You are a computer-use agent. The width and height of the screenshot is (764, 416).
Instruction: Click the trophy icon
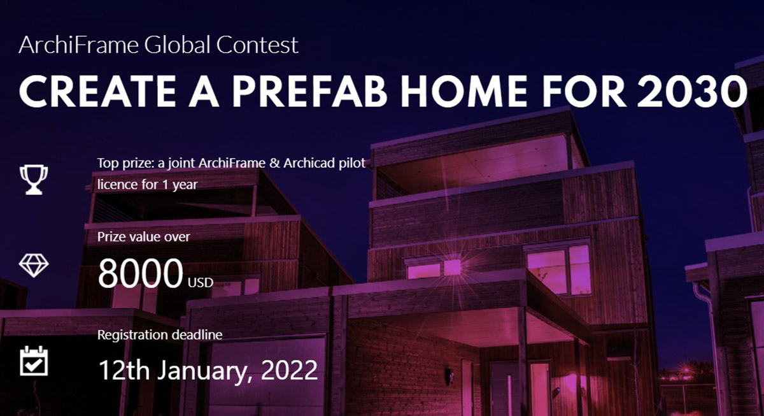(33, 179)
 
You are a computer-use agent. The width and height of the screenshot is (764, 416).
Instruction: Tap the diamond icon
(34, 265)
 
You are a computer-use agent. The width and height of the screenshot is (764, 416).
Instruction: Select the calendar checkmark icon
(34, 360)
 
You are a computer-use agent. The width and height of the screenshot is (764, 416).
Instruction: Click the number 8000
(140, 274)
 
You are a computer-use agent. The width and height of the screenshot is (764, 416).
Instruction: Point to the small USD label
(201, 282)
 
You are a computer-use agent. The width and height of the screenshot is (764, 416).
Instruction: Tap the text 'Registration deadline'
(160, 335)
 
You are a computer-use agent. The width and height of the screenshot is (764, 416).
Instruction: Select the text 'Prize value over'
(144, 238)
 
